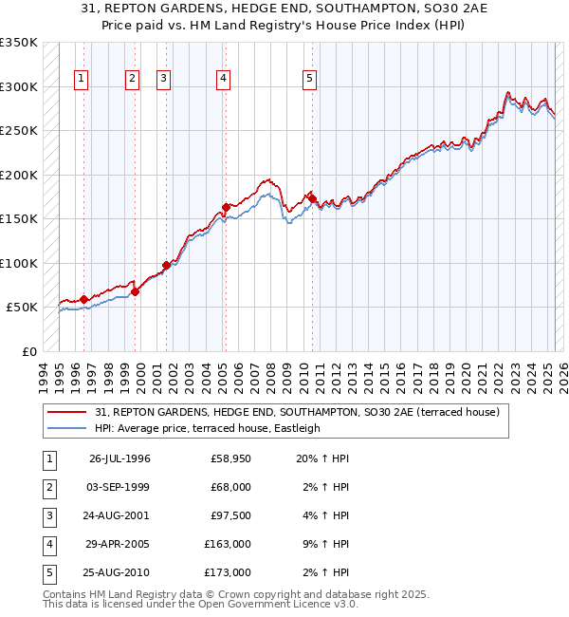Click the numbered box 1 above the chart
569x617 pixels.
point(82,79)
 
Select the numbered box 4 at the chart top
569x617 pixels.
point(223,79)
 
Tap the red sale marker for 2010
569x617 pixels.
point(311,198)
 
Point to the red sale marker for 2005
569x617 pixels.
point(226,207)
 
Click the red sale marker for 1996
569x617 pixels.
point(84,299)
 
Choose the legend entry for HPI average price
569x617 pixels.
point(208,428)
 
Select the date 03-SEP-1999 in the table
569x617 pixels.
point(119,487)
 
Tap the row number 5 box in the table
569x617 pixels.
point(49,572)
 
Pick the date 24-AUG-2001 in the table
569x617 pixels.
point(119,515)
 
